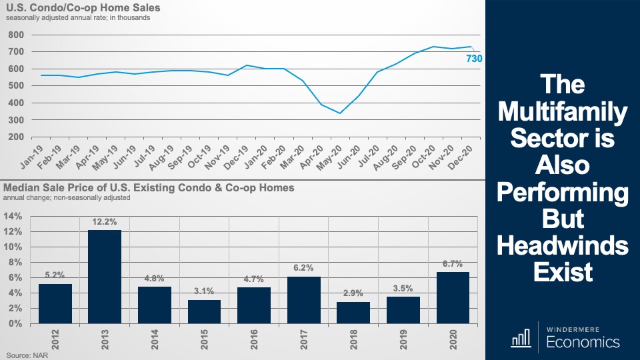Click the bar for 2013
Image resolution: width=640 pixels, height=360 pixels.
(105, 277)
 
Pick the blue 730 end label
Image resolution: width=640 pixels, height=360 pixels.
(473, 59)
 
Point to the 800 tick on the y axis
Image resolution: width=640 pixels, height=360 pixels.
(16, 35)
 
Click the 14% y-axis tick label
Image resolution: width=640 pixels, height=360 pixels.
(13, 216)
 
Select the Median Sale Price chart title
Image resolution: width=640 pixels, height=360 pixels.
(149, 188)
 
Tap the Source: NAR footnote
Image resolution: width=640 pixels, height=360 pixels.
(25, 355)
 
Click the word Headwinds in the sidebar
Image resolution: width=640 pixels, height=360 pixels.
(562, 246)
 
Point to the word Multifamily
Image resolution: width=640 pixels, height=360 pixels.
(562, 112)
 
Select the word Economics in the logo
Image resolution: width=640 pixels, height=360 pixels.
(583, 343)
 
